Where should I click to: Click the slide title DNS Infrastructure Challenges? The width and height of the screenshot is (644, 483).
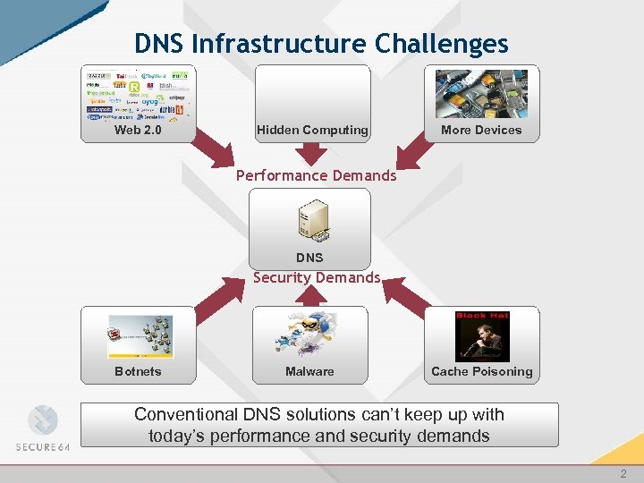[321, 43]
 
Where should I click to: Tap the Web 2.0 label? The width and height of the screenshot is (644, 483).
[138, 130]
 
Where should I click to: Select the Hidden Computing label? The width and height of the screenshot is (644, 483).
[312, 130]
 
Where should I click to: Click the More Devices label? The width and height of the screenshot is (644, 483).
[481, 130]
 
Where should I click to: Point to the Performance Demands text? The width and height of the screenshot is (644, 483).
[316, 175]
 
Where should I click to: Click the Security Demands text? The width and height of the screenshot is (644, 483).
[317, 277]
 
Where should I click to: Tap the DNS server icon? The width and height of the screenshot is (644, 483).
[312, 222]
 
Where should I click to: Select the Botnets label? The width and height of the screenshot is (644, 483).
[138, 371]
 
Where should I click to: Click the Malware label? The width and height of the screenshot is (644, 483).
[309, 371]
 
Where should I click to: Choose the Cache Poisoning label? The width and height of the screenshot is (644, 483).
[481, 371]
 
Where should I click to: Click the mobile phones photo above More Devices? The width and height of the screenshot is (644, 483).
[481, 94]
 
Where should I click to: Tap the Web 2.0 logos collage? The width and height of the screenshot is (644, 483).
[138, 95]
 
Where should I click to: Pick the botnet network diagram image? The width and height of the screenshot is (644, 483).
[140, 336]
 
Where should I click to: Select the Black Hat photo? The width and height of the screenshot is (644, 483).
[482, 336]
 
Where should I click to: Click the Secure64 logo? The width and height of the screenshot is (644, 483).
[42, 430]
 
